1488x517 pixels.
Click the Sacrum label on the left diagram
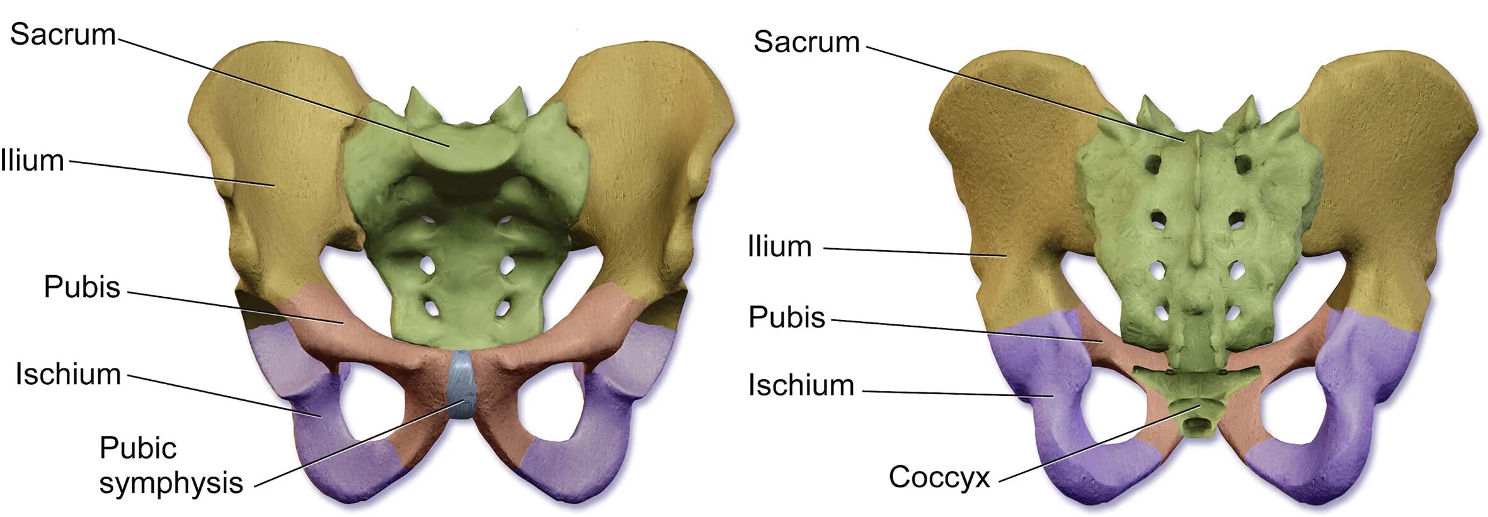(x=63, y=35)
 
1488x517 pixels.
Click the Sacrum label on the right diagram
(x=806, y=42)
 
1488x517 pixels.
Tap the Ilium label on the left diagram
(x=33, y=161)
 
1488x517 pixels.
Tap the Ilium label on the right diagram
(x=779, y=247)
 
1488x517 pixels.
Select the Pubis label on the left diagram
(x=82, y=287)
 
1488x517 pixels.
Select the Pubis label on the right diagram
(x=786, y=317)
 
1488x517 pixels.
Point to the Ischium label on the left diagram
(x=68, y=374)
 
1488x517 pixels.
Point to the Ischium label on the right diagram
(x=801, y=385)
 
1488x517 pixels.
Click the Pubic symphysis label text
(x=170, y=466)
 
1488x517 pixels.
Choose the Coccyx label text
(x=939, y=477)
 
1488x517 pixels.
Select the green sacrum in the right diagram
(x=1197, y=239)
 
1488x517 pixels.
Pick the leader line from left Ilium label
(x=170, y=173)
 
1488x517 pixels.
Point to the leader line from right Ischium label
(x=958, y=394)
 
